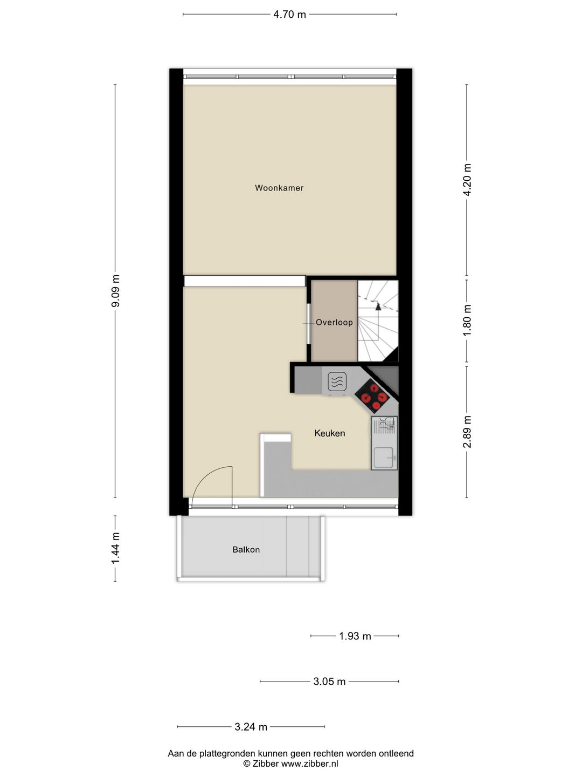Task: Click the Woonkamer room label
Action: pos(279,188)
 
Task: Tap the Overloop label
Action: pos(334,322)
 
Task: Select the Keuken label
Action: pos(329,433)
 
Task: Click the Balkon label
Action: pos(246,550)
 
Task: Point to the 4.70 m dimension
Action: pos(289,15)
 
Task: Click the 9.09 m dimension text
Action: pos(115,291)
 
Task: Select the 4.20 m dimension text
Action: pos(467,180)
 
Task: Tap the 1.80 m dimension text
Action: pos(467,320)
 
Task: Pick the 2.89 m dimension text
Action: pos(467,432)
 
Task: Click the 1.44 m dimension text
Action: pos(115,548)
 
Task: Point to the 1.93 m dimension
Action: pos(355,636)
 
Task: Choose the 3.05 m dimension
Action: pos(329,681)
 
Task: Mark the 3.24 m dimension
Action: pos(251,727)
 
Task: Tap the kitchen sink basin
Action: pos(384,458)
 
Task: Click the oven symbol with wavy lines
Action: pos(337,382)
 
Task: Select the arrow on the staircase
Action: pos(378,306)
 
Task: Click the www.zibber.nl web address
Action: pos(310,764)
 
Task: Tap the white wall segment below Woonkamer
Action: pos(245,281)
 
